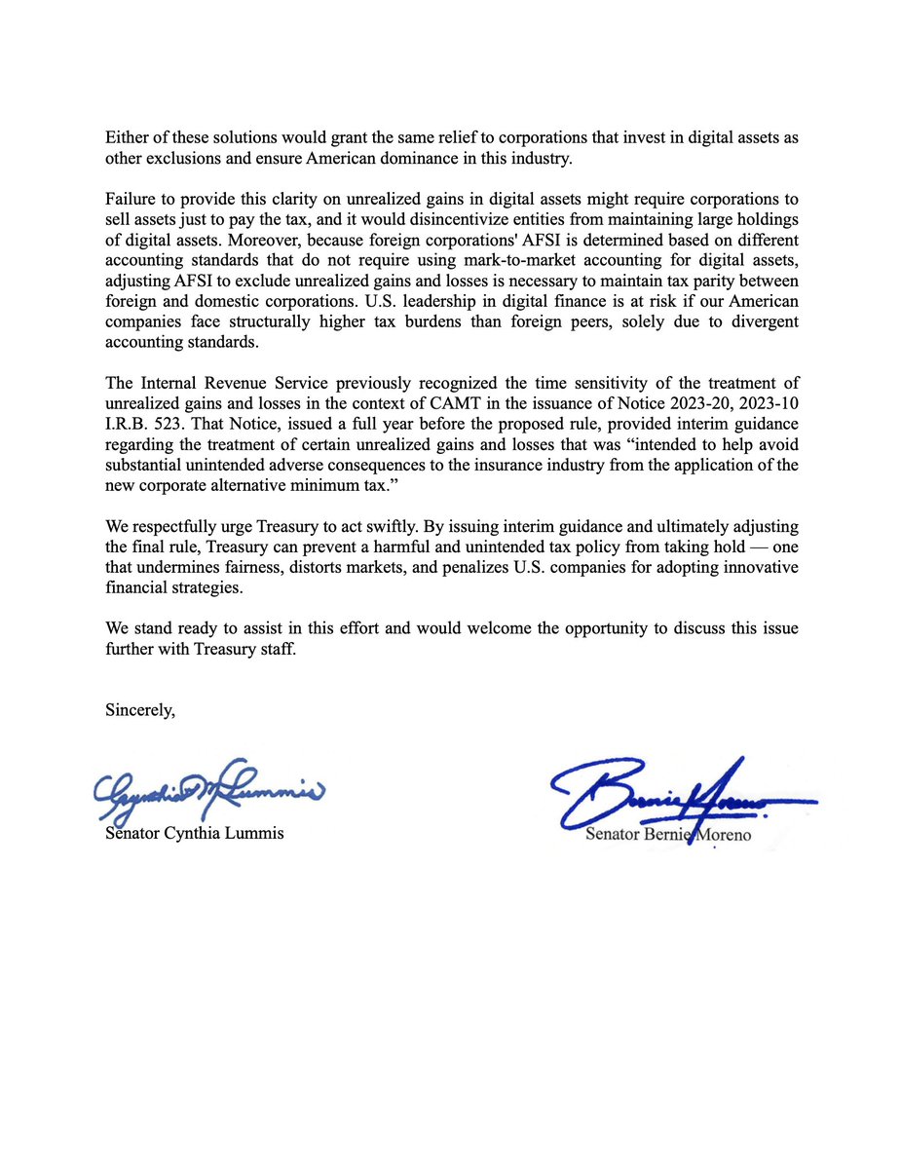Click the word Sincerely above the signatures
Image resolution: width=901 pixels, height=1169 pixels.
[140, 710]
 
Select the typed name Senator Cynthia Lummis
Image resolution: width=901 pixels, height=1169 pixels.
[195, 834]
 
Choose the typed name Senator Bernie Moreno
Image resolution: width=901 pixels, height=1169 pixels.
[668, 835]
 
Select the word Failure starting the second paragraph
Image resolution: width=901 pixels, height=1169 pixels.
[131, 199]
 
